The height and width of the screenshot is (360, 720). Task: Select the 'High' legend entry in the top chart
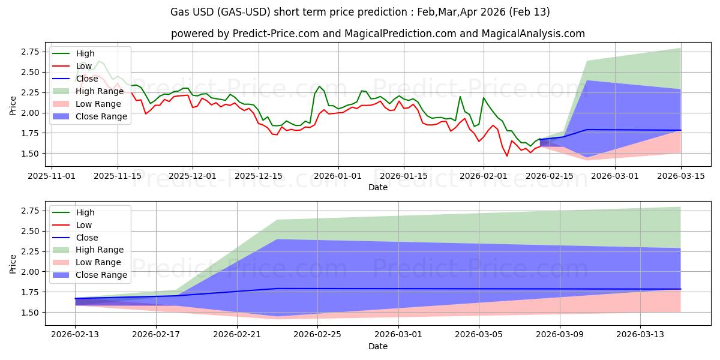(85, 53)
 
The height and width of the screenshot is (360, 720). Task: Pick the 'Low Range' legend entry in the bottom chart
(98, 262)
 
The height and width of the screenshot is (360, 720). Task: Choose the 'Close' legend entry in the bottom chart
(86, 238)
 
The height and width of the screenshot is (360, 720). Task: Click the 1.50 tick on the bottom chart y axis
(31, 313)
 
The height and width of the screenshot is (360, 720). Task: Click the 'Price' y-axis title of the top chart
(13, 105)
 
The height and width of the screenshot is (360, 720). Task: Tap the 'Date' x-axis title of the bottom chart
(377, 346)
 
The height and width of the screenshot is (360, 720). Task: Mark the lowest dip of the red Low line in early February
(507, 156)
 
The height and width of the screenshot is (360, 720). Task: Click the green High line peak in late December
(319, 86)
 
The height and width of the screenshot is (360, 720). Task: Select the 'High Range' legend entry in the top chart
(100, 91)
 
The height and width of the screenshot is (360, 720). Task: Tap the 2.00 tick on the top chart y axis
(31, 113)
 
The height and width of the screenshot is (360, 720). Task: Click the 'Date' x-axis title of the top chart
(377, 187)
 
